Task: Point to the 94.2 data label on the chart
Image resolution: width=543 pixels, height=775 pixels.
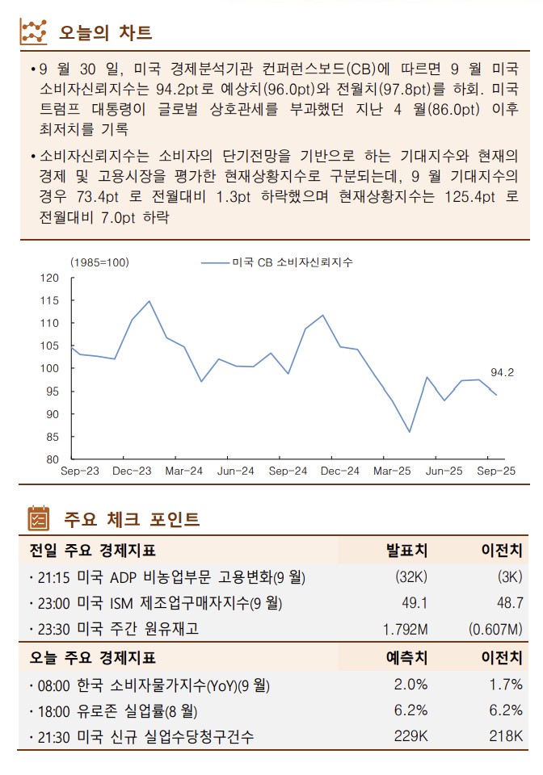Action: pos(502,372)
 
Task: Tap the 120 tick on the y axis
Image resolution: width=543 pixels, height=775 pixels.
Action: pos(50,279)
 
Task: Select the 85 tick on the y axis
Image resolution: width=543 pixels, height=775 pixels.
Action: pos(53,437)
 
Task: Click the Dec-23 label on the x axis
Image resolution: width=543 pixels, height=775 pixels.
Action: pos(132,471)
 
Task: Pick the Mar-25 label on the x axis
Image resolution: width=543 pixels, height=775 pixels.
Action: pos(393,471)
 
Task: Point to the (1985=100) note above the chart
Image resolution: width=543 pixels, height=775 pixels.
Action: pos(99,262)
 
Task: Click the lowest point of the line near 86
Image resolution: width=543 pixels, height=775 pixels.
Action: pos(409,432)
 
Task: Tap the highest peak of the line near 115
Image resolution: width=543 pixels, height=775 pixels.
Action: pos(149,301)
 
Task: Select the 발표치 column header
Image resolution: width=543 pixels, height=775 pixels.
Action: pos(406,551)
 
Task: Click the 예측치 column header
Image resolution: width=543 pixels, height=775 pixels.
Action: pos(406,658)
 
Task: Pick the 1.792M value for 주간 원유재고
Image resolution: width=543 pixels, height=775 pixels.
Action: pos(404,628)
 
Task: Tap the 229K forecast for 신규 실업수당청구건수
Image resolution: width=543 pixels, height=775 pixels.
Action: pos(410,736)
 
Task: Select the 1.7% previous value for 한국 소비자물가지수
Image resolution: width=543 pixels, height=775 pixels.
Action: pos(506,685)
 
